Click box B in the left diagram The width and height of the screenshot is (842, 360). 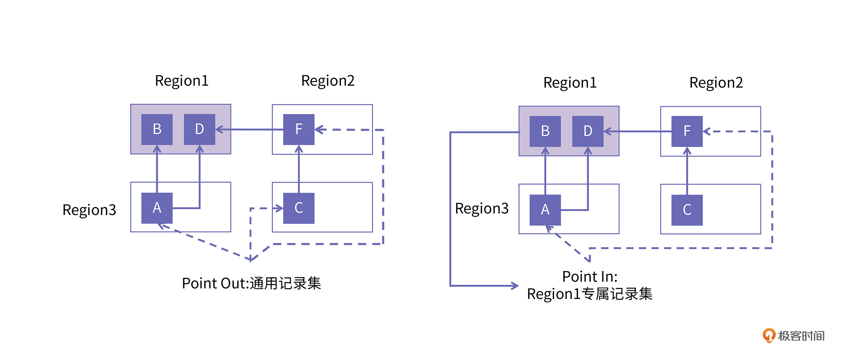coord(157,129)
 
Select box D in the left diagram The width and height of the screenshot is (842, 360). coord(199,129)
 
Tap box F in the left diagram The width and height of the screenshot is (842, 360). coord(299,129)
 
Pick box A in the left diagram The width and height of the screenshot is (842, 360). coord(157,208)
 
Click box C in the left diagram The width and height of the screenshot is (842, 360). coord(299,208)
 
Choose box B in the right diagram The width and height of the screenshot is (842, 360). coord(545,131)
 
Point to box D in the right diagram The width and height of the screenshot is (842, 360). coord(588,131)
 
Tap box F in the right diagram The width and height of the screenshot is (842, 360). coord(687,131)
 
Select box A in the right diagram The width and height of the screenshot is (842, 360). coord(545,210)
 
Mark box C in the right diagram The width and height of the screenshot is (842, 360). coord(687,210)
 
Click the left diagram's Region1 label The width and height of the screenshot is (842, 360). coord(182,81)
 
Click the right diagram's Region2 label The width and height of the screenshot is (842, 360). coord(716,83)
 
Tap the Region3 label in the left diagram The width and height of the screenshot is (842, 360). coord(89,210)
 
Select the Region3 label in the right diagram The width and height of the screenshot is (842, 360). coord(482,209)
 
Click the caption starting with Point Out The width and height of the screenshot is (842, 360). coord(251,284)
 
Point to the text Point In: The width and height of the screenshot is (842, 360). coord(589,277)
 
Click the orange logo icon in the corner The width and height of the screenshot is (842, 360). coord(769,335)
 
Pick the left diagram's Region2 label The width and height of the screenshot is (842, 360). coord(328,81)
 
